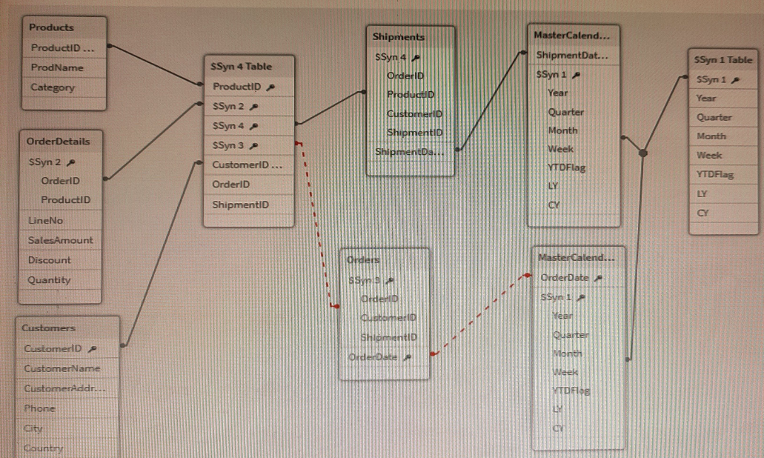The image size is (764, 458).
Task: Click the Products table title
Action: pyautogui.click(x=52, y=27)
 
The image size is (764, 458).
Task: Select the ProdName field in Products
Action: pyautogui.click(x=57, y=67)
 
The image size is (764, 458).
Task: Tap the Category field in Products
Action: pyautogui.click(x=53, y=87)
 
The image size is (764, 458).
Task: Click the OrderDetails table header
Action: pyautogui.click(x=58, y=141)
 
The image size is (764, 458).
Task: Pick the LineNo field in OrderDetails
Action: pyautogui.click(x=46, y=220)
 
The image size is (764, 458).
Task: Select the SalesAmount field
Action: pyautogui.click(x=61, y=240)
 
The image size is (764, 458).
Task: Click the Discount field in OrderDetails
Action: pyautogui.click(x=50, y=260)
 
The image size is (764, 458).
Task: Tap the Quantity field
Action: pyautogui.click(x=50, y=280)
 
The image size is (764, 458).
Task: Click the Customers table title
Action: pyautogui.click(x=50, y=328)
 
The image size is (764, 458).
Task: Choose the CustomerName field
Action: pyautogui.click(x=62, y=368)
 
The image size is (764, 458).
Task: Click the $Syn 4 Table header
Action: pyautogui.click(x=242, y=67)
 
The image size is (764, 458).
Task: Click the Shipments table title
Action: pyautogui.click(x=399, y=36)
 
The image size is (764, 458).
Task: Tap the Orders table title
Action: pyautogui.click(x=364, y=260)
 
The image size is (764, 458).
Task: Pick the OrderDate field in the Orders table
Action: pyautogui.click(x=373, y=357)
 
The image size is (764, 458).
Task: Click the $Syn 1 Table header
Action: pyautogui.click(x=723, y=60)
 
